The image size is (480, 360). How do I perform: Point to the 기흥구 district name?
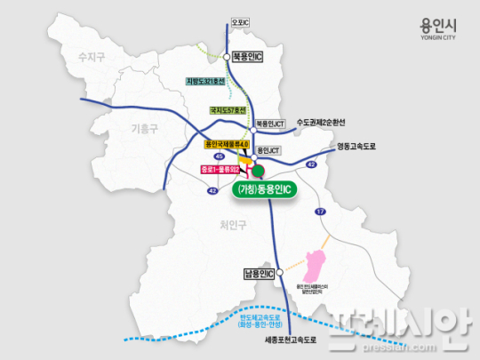click(x=144, y=127)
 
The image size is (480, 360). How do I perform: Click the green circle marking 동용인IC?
click(x=260, y=172)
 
